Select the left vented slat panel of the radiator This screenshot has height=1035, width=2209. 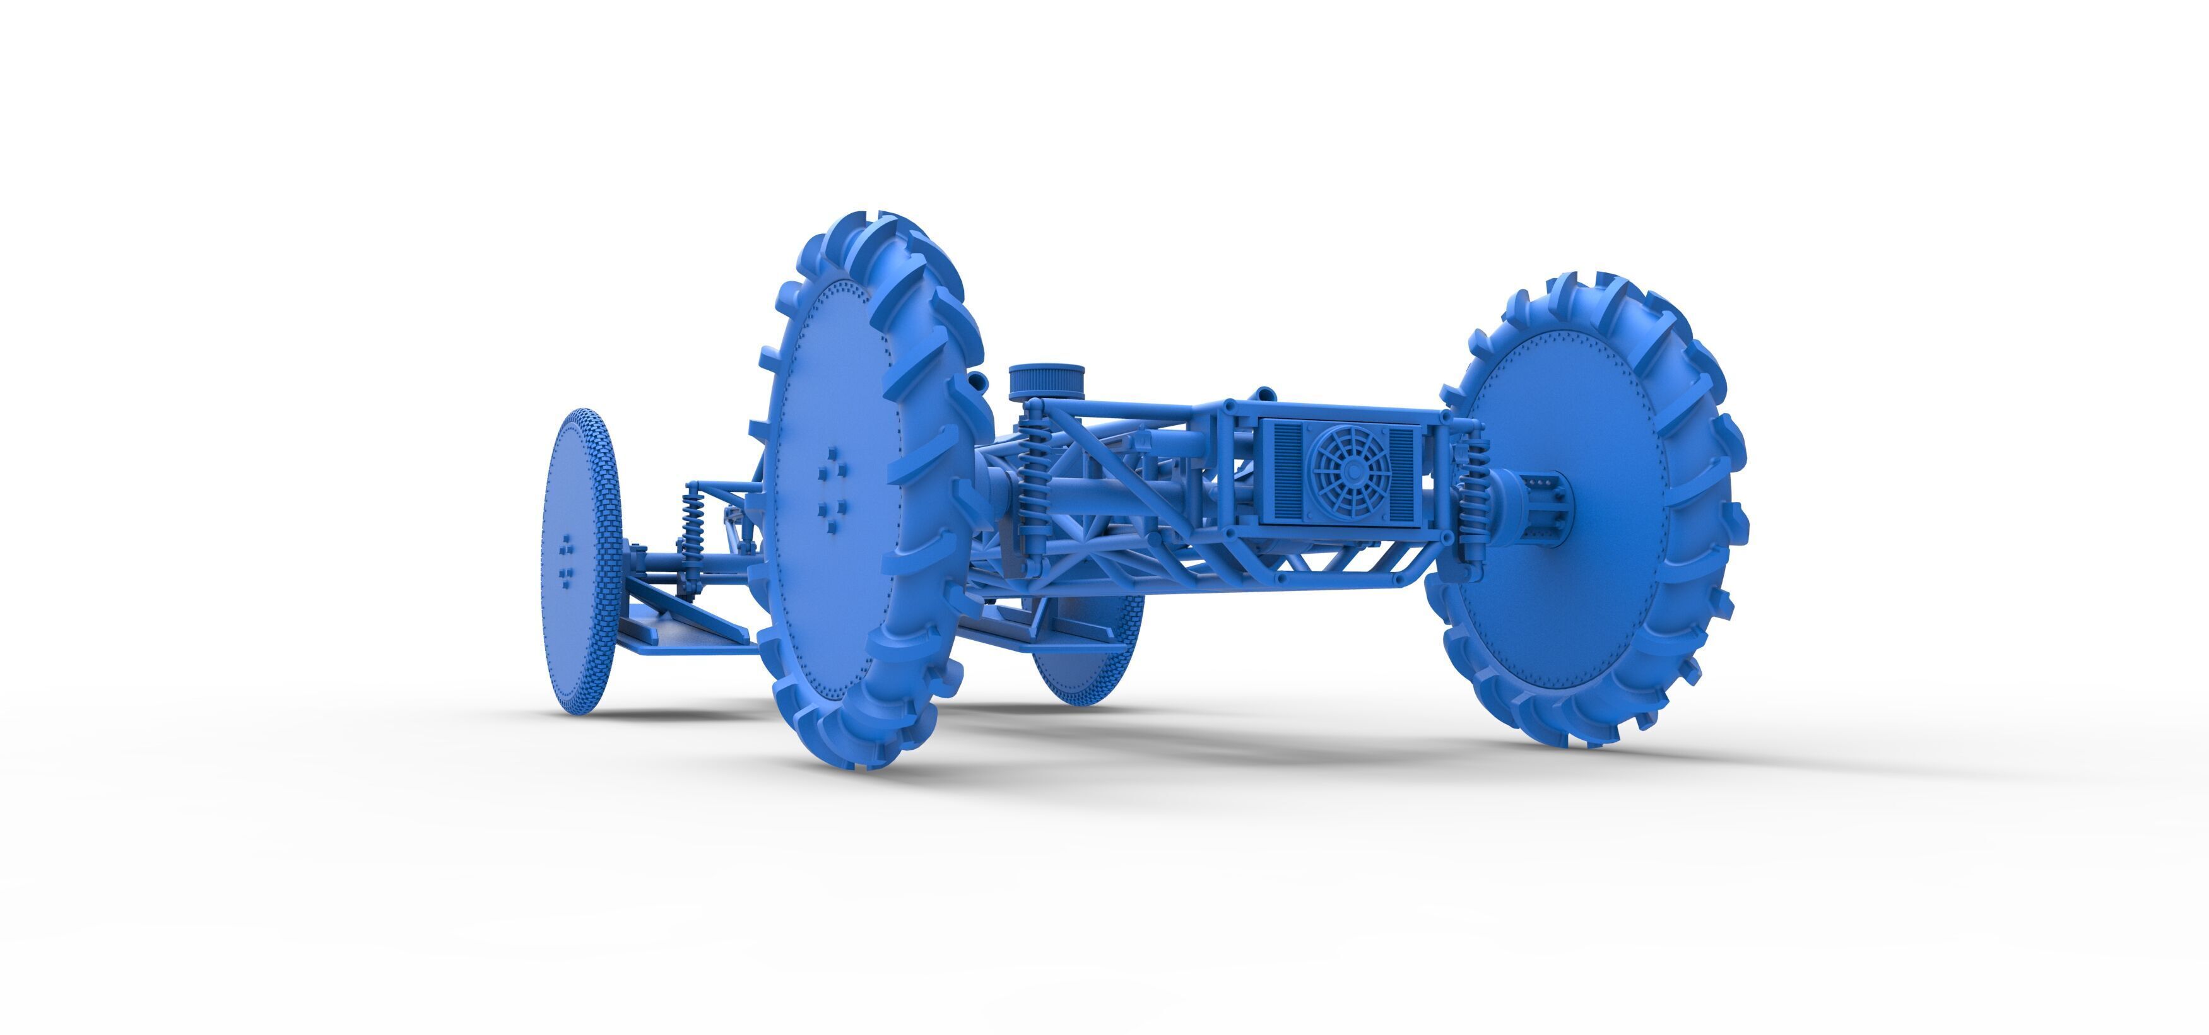coord(1288,472)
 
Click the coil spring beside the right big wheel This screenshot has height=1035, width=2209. coord(1474,489)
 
